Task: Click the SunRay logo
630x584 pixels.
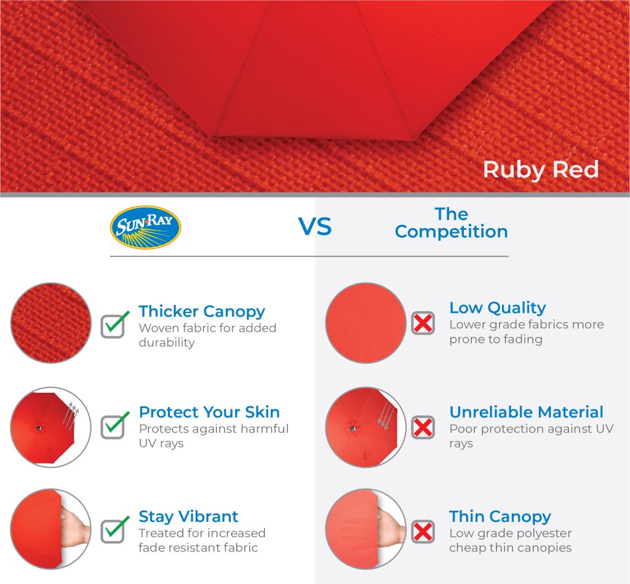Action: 145,227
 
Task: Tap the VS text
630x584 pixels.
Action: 315,227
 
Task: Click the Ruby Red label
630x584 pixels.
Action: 541,170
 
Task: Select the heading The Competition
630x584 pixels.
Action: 451,223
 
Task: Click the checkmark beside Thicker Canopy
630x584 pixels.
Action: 115,325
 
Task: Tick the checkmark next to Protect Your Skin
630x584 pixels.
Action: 115,425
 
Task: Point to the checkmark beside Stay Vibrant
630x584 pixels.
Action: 115,529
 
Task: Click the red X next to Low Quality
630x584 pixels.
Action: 423,323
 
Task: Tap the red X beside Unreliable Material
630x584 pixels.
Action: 423,427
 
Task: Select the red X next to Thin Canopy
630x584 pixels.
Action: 423,532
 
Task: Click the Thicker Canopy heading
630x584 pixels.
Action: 202,312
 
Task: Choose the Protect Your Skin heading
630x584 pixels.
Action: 209,412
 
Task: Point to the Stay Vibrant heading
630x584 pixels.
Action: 188,517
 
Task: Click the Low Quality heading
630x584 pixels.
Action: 497,308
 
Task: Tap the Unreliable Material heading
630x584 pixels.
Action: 527,412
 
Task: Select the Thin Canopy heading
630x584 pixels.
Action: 500,517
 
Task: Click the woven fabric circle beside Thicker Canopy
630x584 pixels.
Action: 51,323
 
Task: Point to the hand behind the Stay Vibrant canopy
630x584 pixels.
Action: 76,529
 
